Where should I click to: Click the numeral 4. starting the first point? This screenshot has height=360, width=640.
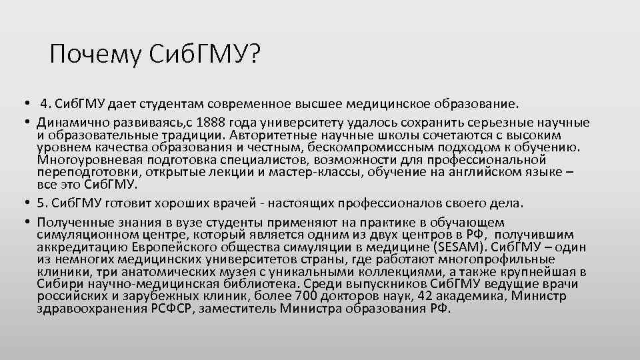pyautogui.click(x=45, y=105)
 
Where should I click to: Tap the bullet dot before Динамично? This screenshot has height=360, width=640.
pyautogui.click(x=23, y=123)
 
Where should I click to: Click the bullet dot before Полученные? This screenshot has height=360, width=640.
pyautogui.click(x=23, y=222)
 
